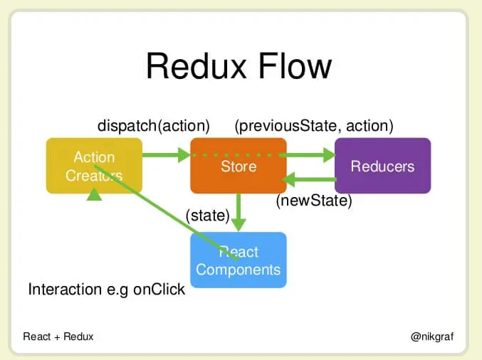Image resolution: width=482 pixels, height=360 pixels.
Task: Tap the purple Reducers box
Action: click(x=382, y=166)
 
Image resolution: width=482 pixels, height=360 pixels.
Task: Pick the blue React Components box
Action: click(x=239, y=260)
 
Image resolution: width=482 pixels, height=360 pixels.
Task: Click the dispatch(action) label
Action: click(x=153, y=126)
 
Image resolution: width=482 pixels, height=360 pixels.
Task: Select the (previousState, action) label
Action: click(x=314, y=126)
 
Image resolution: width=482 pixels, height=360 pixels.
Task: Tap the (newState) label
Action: click(x=314, y=201)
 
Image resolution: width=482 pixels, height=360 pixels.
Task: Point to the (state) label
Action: click(x=207, y=215)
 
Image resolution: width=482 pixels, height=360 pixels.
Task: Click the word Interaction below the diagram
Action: click(x=63, y=290)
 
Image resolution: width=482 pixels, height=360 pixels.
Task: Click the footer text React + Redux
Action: click(x=58, y=337)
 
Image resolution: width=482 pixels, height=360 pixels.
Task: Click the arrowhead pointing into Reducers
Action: click(x=328, y=154)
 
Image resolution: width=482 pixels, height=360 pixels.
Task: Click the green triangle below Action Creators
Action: click(x=94, y=194)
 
